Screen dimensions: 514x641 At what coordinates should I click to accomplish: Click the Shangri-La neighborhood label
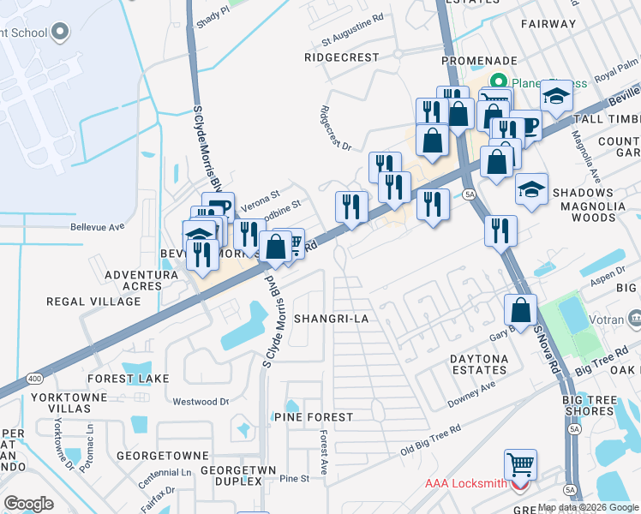pyautogui.click(x=330, y=318)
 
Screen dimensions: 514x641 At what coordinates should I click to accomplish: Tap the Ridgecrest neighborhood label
pyautogui.click(x=341, y=57)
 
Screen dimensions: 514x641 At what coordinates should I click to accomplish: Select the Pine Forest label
pyautogui.click(x=314, y=416)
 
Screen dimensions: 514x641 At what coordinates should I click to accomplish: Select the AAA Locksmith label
pyautogui.click(x=466, y=483)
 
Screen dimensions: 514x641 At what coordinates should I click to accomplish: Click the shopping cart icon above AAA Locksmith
pyautogui.click(x=520, y=464)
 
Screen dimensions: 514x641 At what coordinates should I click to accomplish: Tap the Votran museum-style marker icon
pyautogui.click(x=635, y=319)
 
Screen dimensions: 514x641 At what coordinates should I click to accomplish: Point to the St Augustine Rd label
pyautogui.click(x=350, y=39)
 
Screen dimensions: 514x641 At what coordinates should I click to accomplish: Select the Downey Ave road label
pyautogui.click(x=471, y=394)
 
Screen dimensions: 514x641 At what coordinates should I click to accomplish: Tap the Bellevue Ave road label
pyautogui.click(x=99, y=227)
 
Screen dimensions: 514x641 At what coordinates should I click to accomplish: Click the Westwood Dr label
pyautogui.click(x=201, y=401)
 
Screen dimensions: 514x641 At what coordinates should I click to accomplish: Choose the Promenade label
pyautogui.click(x=480, y=61)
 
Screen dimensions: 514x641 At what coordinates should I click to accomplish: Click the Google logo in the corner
pyautogui.click(x=29, y=504)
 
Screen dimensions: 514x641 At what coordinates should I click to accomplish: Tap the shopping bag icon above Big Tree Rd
pyautogui.click(x=520, y=309)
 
